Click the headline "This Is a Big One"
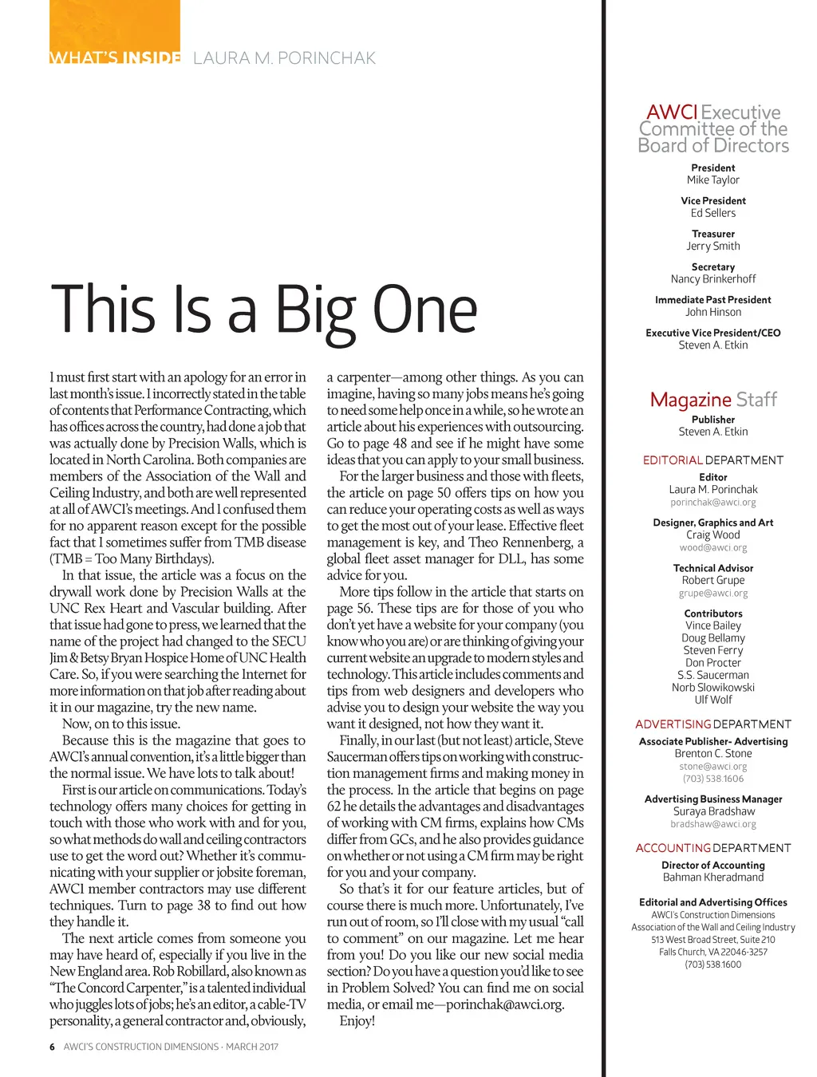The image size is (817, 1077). click(x=264, y=310)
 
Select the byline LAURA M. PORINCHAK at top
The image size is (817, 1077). click(x=284, y=58)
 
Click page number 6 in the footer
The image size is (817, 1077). click(x=52, y=1047)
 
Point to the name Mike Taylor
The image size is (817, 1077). click(x=713, y=180)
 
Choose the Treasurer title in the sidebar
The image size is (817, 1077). click(x=713, y=234)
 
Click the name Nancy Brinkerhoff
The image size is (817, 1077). click(x=713, y=279)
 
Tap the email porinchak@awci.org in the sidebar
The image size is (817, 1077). click(x=713, y=503)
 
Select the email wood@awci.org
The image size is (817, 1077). click(x=713, y=548)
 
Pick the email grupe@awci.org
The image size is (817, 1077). click(x=713, y=594)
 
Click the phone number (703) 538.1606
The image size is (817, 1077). click(x=713, y=779)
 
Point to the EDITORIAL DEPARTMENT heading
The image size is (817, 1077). click(x=713, y=460)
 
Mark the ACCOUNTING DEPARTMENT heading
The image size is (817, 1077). click(x=713, y=848)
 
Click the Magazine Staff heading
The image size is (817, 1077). click(x=713, y=400)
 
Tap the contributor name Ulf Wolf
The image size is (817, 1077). click(x=713, y=700)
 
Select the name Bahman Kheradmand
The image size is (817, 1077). click(x=713, y=878)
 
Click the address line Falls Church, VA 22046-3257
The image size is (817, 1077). click(x=713, y=952)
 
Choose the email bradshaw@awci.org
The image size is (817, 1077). click(x=713, y=824)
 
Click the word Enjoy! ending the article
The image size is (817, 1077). click(x=357, y=1021)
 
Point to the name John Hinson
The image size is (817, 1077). click(x=713, y=313)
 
